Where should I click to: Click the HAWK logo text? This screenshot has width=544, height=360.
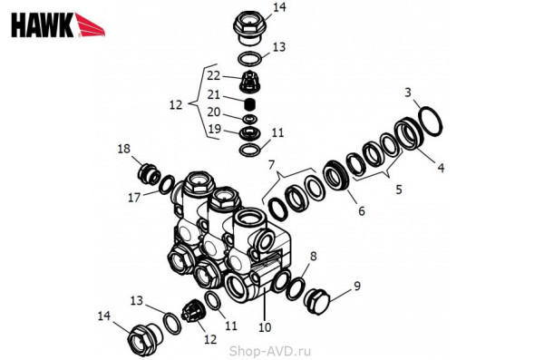43,25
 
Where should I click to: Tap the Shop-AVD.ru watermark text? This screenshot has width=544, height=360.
270,351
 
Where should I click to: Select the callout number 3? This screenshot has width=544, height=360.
408,92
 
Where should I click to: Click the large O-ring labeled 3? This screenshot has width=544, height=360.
431,122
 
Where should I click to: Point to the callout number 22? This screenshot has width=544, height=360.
213,75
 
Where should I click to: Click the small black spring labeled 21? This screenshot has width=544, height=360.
250,103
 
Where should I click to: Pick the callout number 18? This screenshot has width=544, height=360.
124,149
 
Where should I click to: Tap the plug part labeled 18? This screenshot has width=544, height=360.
149,173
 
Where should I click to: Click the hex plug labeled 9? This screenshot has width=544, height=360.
316,301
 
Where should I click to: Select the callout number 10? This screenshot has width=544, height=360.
265,327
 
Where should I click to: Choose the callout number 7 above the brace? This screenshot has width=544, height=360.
271,164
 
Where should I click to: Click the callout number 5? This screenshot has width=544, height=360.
399,190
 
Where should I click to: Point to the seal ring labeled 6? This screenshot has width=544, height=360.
335,176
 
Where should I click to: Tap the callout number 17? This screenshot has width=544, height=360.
134,198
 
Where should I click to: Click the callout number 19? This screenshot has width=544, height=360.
214,129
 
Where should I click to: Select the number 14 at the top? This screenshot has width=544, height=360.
279,7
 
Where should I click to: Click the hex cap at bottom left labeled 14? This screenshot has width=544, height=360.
143,339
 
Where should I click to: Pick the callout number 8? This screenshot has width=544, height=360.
314,257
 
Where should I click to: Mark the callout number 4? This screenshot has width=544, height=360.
441,168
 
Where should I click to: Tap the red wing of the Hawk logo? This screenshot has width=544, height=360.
90,25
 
